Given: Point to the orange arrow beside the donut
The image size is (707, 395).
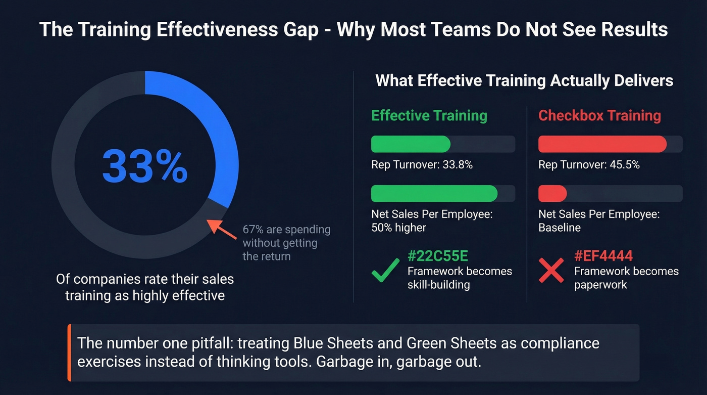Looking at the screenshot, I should click(x=223, y=230).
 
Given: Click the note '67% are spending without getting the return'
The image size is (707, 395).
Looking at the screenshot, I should click(x=286, y=243).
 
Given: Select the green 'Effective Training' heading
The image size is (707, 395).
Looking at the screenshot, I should click(x=429, y=115).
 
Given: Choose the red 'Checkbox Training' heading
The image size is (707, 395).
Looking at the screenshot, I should click(x=599, y=115).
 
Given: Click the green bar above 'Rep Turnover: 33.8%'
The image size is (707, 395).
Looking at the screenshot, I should click(x=411, y=144).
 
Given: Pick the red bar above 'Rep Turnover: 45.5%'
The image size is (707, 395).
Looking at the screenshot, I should click(x=602, y=144).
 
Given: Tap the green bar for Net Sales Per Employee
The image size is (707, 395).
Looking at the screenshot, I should click(x=434, y=194).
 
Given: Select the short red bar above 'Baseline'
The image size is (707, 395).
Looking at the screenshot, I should click(x=552, y=194).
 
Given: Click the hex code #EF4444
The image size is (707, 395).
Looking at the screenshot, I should click(x=603, y=256).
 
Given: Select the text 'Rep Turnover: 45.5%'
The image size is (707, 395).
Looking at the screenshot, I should click(x=589, y=165).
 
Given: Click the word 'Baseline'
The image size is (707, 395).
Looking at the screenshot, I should click(x=560, y=228).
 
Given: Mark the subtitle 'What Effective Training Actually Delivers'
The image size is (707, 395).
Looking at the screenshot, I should click(x=524, y=81).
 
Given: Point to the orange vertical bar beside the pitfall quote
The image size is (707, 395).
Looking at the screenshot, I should click(x=69, y=353).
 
